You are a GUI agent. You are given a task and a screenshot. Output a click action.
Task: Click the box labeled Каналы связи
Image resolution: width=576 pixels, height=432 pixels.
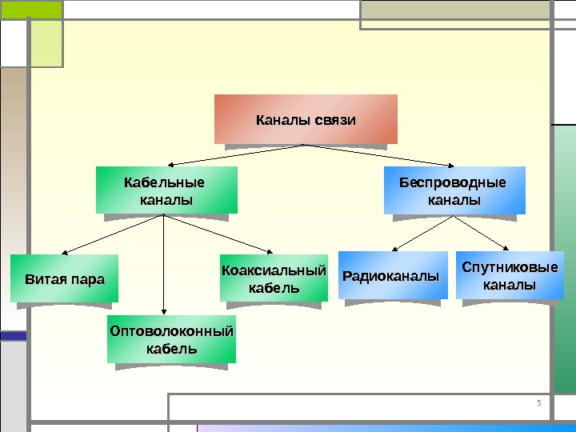[306, 119]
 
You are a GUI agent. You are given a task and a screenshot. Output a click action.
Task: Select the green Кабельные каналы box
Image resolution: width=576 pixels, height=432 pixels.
[166, 190]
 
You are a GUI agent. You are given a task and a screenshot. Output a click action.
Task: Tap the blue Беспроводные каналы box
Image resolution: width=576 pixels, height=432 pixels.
[454, 190]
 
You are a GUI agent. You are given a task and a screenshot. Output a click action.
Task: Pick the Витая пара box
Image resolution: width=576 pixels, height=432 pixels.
[65, 278]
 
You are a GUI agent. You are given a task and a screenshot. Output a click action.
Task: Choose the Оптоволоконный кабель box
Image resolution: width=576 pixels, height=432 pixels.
[171, 339]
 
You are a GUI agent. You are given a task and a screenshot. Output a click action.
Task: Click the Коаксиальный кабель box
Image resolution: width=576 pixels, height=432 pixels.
[274, 278]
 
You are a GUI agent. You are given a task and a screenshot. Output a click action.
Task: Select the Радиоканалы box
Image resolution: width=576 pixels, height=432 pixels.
[392, 276]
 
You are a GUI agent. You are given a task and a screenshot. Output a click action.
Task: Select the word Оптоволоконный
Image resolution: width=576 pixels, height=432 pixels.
[171, 330]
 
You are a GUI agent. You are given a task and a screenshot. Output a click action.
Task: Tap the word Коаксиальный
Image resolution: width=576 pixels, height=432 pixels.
[274, 270]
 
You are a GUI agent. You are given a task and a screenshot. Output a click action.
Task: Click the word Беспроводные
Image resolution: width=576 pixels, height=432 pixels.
[454, 182]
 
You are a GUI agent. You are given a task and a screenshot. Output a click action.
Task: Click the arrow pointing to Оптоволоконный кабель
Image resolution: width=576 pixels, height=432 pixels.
[164, 272]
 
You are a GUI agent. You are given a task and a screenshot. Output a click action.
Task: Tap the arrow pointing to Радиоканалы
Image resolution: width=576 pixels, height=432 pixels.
[416, 236]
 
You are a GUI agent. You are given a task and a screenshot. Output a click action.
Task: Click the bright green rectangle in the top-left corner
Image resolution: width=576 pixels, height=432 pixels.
[31, 9]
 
